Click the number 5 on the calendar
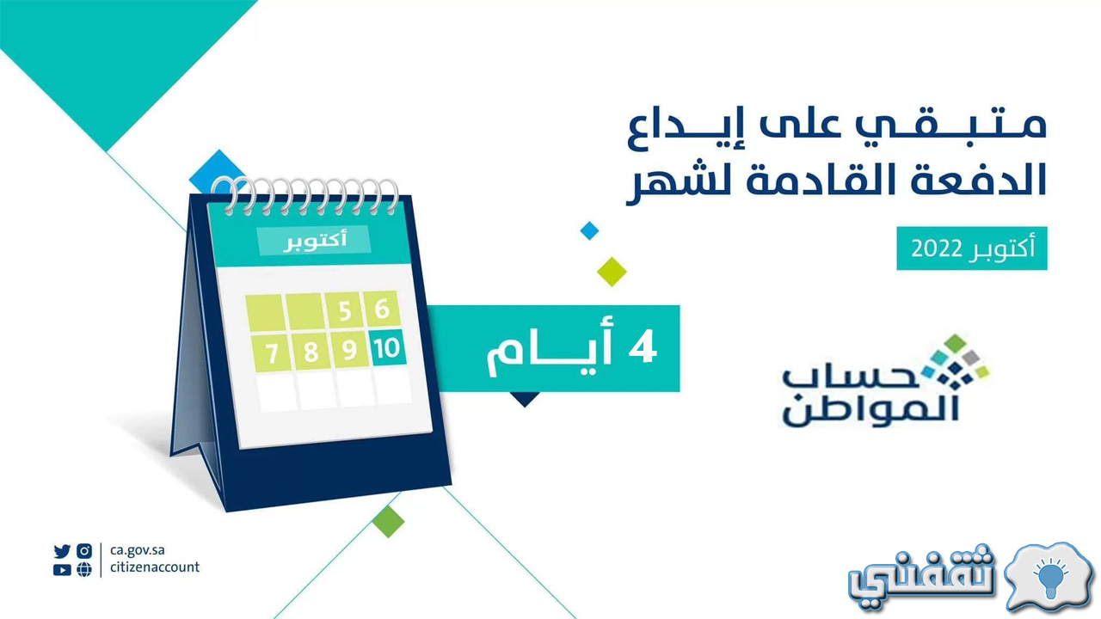pos(345,311)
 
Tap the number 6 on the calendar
pos(382,309)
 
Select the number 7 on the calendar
pos(272,353)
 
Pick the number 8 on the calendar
pos(311,352)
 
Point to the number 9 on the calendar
pos(349,350)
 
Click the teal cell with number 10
pos(388,348)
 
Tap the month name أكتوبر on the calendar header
pos(315,240)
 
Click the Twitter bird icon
pos(62,551)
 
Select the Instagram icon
pos(84,551)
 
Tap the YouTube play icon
pos(62,570)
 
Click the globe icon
pos(84,570)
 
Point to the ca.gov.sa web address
pos(137,550)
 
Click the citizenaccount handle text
pos(155,567)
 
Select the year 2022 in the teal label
pos(937,249)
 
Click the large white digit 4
pos(643,346)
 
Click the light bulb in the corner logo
pos(1050,579)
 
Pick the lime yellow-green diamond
pos(612,272)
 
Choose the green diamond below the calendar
pos(388,521)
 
